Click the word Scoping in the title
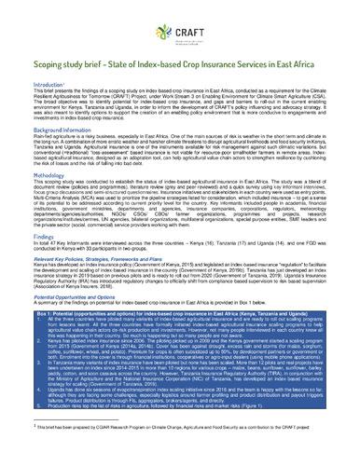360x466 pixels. point(38,69)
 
